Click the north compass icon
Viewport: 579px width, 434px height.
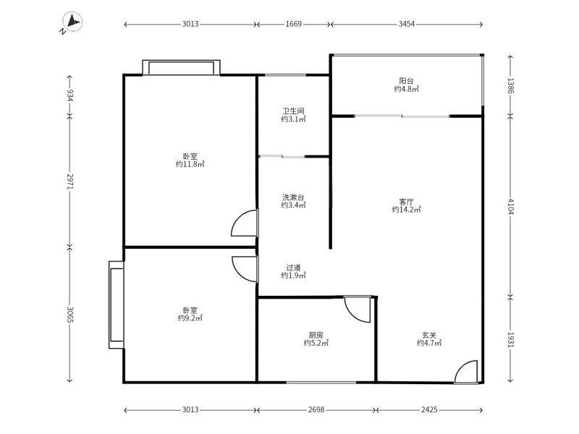tap(72, 22)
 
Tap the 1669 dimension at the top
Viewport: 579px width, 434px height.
tap(294, 24)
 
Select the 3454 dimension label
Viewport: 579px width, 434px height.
tap(406, 24)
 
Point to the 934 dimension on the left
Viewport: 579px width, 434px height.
tap(70, 95)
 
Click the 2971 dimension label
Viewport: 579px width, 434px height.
tap(70, 182)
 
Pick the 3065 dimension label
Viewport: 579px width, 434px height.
tap(70, 314)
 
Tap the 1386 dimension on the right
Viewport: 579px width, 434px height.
tap(510, 85)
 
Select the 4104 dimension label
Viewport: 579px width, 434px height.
tap(510, 206)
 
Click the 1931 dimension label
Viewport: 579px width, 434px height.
tap(510, 339)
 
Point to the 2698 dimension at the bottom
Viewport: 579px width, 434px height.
tap(316, 409)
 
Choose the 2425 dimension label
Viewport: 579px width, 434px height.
tap(429, 409)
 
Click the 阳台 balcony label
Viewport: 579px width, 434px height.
tap(406, 81)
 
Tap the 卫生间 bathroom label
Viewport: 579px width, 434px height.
tap(294, 111)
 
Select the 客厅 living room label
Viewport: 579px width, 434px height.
tap(406, 202)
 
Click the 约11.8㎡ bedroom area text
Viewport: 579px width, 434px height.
tap(190, 164)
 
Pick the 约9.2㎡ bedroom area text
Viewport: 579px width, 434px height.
tap(190, 318)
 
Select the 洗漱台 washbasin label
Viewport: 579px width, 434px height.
tap(293, 197)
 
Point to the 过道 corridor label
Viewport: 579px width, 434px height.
tap(293, 268)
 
